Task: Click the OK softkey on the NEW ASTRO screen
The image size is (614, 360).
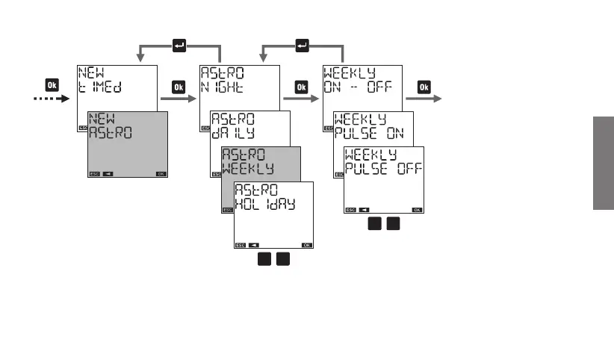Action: click(x=161, y=174)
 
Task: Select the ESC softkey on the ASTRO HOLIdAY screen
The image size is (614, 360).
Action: click(x=241, y=245)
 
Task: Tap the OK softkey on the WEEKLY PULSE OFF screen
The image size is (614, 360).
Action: click(x=417, y=210)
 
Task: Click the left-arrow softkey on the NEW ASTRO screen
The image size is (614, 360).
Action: click(x=109, y=174)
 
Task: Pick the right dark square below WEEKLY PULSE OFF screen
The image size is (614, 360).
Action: click(x=394, y=224)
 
